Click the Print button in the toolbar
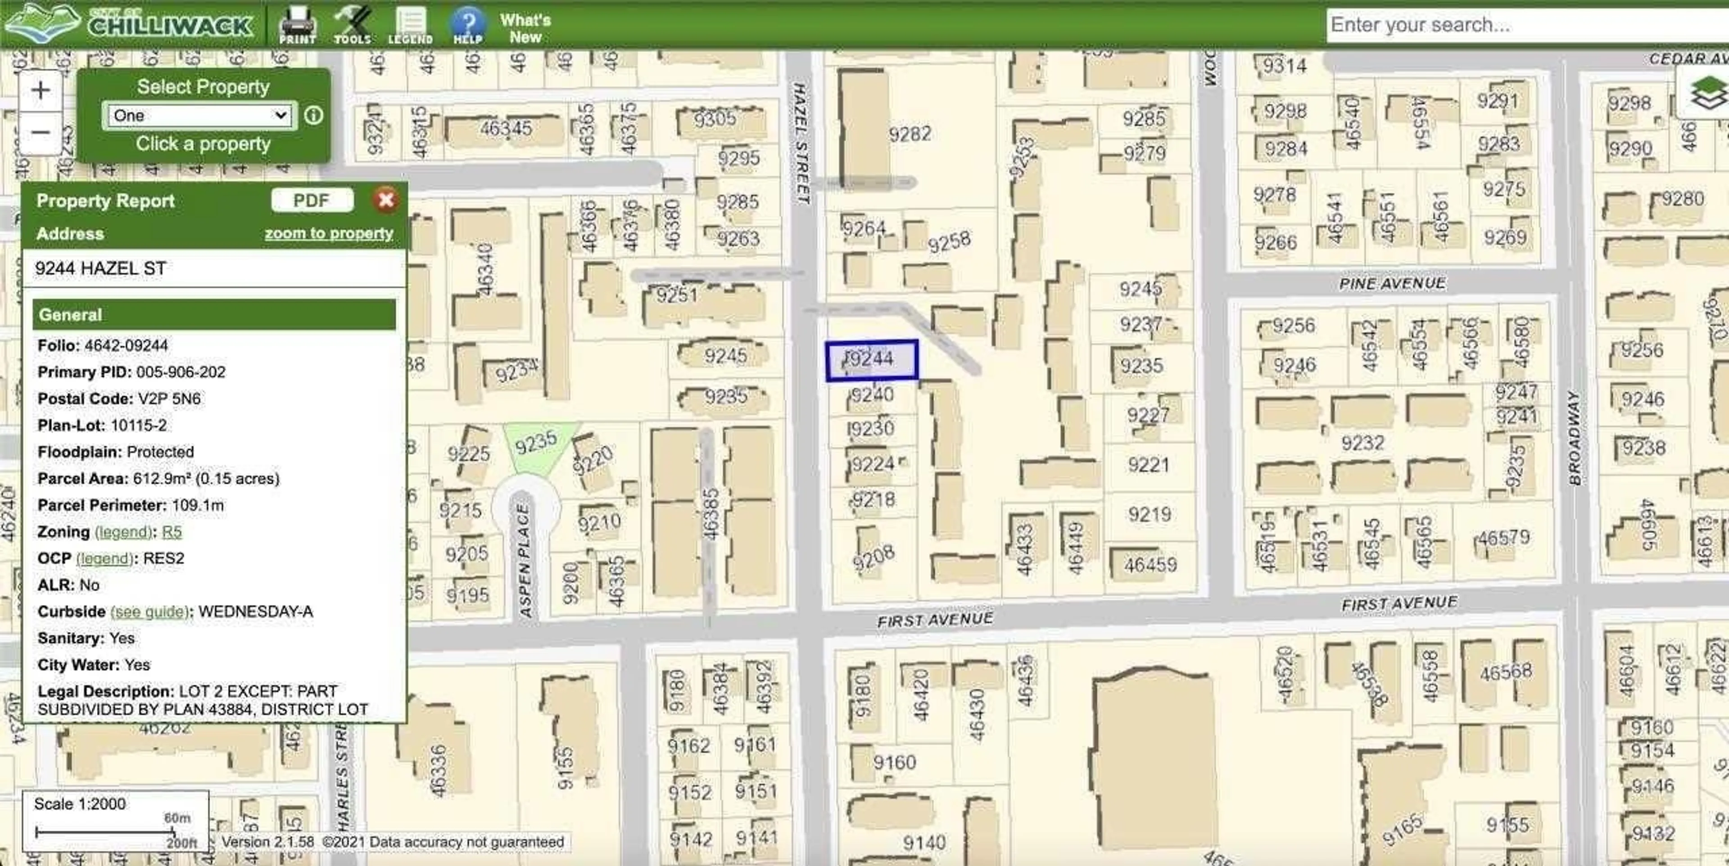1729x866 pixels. (297, 24)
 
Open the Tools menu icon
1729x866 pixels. (353, 24)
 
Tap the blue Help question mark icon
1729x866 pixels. (467, 24)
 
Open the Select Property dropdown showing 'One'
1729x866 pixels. (199, 115)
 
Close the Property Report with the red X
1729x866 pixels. (386, 200)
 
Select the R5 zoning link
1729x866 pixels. (172, 532)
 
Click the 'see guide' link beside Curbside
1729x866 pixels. (149, 612)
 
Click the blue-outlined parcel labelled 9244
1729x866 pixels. (871, 360)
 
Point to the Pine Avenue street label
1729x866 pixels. (1392, 283)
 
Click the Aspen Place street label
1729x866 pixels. (524, 561)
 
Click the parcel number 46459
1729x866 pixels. (1150, 565)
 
